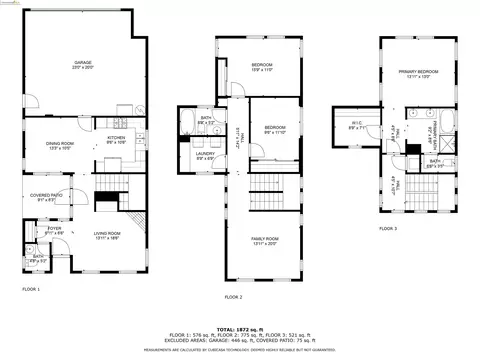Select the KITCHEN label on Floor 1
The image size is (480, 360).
click(115, 140)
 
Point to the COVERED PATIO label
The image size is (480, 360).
click(47, 197)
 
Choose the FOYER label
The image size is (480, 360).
click(52, 231)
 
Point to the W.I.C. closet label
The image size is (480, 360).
click(356, 125)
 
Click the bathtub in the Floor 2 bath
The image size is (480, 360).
click(190, 127)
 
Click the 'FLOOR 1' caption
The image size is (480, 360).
click(31, 289)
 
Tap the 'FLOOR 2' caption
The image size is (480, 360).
click(234, 298)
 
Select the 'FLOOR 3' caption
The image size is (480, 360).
click(388, 229)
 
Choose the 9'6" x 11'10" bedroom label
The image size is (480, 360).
click(275, 130)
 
